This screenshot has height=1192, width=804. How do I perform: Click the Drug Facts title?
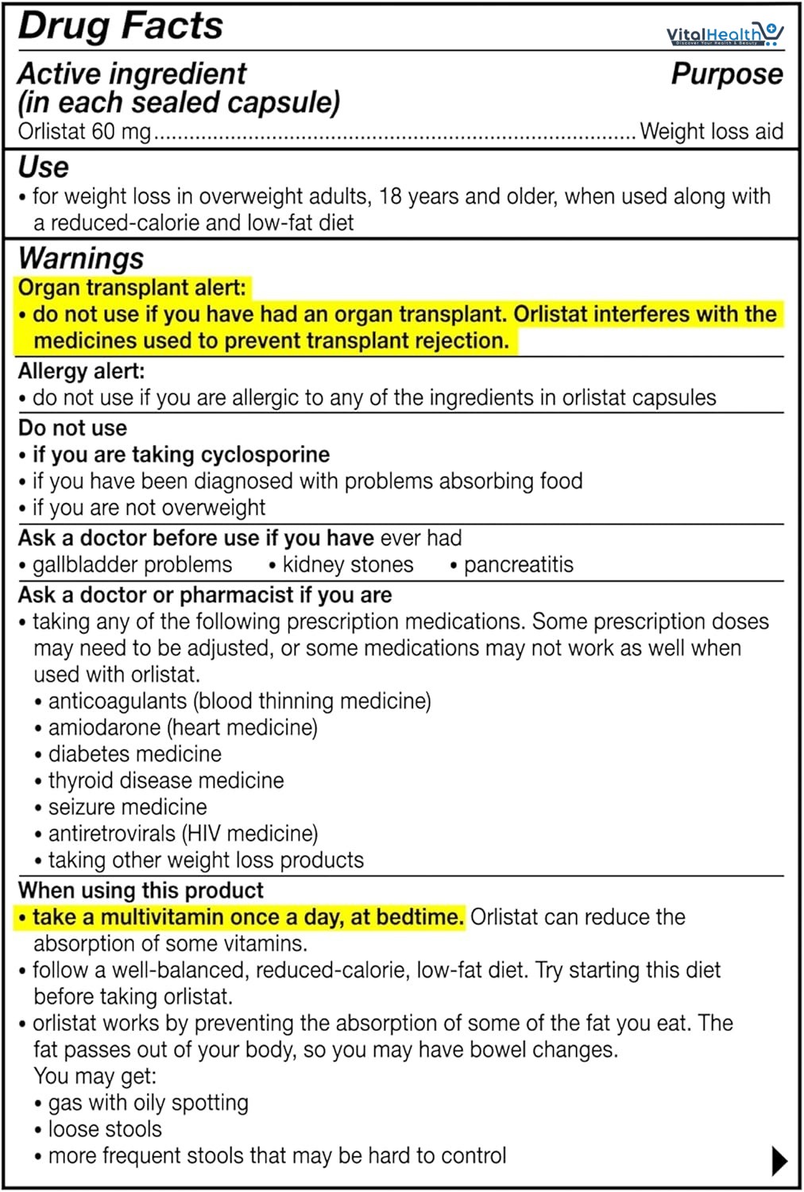pyautogui.click(x=121, y=25)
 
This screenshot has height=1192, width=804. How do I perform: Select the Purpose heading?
pyautogui.click(x=726, y=74)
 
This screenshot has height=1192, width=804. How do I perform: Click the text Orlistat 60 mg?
pyautogui.click(x=84, y=131)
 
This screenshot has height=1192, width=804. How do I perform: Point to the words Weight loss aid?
pyautogui.click(x=711, y=131)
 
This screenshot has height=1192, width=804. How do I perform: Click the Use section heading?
pyautogui.click(x=44, y=168)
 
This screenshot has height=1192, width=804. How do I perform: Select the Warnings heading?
pyautogui.click(x=81, y=258)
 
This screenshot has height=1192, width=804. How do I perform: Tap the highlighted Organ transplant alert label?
pyautogui.click(x=132, y=288)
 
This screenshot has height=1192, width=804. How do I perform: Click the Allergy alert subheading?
pyautogui.click(x=81, y=371)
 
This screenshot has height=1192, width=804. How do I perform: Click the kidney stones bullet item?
pyautogui.click(x=348, y=565)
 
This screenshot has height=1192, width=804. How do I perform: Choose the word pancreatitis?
pyautogui.click(x=518, y=565)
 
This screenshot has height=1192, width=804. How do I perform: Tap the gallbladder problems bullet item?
pyautogui.click(x=132, y=565)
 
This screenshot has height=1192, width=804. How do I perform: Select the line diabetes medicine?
pyautogui.click(x=134, y=754)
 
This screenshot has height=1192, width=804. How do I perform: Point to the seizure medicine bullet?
pyautogui.click(x=127, y=807)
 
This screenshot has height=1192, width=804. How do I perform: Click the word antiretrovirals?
pyautogui.click(x=111, y=834)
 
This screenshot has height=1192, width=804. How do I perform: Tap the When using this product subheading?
pyautogui.click(x=141, y=890)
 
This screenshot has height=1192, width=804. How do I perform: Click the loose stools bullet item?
pyautogui.click(x=104, y=1129)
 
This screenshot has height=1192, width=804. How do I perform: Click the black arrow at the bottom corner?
pyautogui.click(x=779, y=1161)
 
